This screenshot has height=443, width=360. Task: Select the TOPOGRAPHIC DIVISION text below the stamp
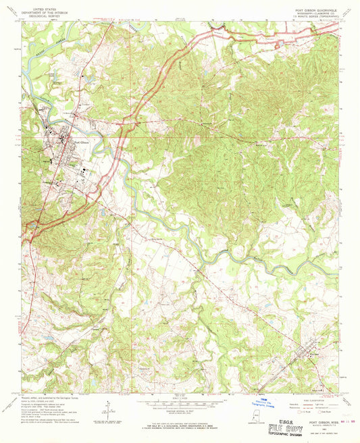coord(312,436)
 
